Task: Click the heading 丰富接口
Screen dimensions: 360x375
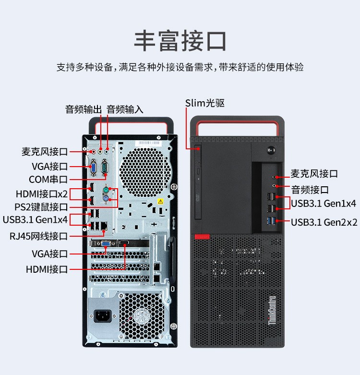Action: click(180, 41)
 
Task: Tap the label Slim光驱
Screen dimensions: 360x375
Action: click(205, 103)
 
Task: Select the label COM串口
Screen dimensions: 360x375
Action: click(48, 180)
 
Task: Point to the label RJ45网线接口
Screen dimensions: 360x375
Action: click(38, 236)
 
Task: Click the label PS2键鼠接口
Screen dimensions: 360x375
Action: click(41, 207)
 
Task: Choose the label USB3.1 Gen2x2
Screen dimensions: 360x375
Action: click(324, 222)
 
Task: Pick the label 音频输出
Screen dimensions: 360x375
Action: click(84, 109)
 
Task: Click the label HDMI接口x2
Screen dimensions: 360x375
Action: click(42, 194)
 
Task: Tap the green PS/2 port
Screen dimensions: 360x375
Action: click(106, 190)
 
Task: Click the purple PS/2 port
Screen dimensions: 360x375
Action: click(106, 198)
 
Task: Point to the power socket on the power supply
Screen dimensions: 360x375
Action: click(103, 316)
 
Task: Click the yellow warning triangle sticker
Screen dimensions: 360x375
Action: click(160, 201)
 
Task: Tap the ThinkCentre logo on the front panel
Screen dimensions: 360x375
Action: click(272, 311)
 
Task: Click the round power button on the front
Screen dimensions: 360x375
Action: click(271, 150)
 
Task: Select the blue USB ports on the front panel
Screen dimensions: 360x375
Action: click(271, 221)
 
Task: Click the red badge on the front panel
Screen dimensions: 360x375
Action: click(202, 237)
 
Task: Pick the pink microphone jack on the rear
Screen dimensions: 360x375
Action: click(94, 152)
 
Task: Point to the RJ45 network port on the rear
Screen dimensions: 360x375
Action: click(104, 225)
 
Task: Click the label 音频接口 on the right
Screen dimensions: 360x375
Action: click(310, 190)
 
